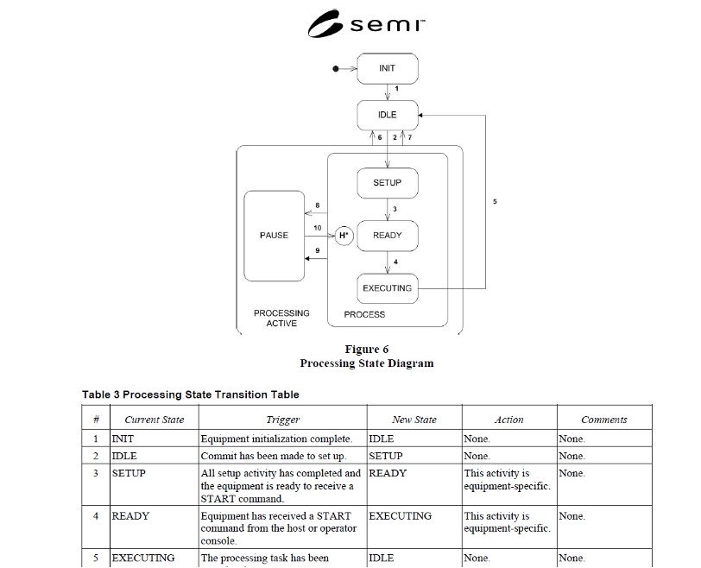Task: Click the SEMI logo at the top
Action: click(366, 24)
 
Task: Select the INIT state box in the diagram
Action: click(388, 68)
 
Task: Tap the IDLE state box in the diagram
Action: click(388, 115)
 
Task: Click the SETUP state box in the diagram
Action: click(388, 183)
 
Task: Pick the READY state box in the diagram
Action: click(388, 236)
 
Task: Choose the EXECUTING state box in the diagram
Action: click(388, 288)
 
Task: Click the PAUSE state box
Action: click(275, 236)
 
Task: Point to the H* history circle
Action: click(344, 236)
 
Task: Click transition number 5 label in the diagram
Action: click(495, 202)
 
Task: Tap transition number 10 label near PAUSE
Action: click(318, 228)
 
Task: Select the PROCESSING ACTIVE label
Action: click(281, 319)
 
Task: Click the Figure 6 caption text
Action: click(367, 350)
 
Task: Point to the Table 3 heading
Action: click(191, 394)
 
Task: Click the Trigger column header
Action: click(283, 420)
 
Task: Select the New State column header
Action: click(414, 420)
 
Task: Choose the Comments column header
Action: click(604, 420)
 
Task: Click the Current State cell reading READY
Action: click(130, 516)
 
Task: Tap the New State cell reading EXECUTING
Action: click(400, 516)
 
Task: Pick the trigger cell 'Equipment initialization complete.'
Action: click(276, 439)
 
